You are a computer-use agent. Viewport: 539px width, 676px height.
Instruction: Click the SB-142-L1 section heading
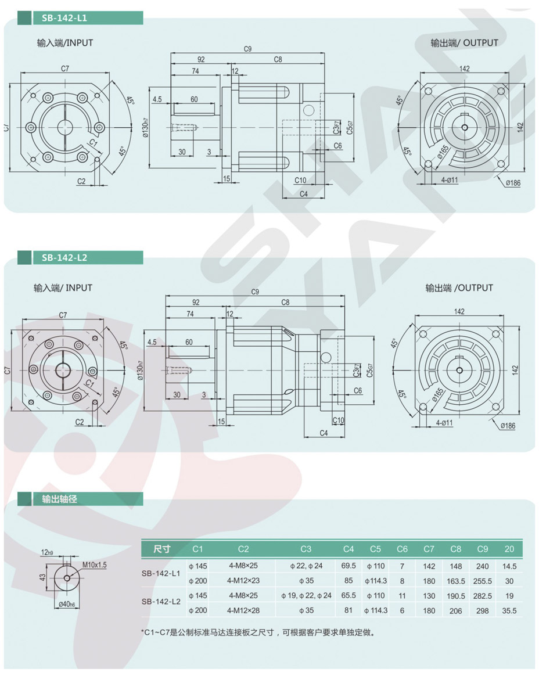64,18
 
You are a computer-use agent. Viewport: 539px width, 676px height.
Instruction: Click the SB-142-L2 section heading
64,258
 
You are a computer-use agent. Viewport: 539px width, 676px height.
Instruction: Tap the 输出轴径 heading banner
59,499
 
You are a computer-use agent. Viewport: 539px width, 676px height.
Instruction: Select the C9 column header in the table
483,549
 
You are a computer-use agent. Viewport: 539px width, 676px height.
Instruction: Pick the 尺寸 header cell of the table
162,549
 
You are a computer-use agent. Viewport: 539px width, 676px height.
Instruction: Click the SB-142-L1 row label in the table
161,573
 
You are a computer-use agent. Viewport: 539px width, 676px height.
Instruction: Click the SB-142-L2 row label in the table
161,602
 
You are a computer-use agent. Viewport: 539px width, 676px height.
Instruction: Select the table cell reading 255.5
483,581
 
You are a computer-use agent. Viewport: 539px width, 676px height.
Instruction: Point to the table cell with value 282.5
483,596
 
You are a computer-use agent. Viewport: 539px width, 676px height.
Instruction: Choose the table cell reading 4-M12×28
243,610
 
